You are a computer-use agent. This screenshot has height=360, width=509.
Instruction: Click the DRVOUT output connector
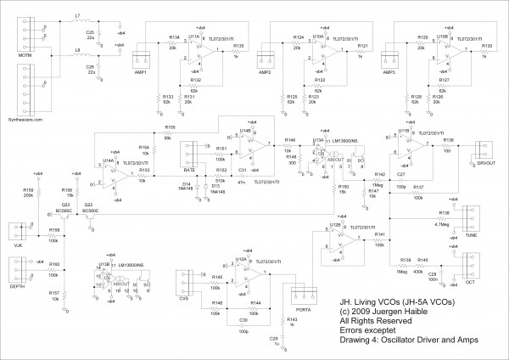click(484, 150)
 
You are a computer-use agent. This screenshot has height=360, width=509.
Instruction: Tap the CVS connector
click(187, 281)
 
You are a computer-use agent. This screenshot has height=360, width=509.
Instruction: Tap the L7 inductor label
click(78, 15)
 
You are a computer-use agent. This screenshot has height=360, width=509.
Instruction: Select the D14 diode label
click(188, 182)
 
